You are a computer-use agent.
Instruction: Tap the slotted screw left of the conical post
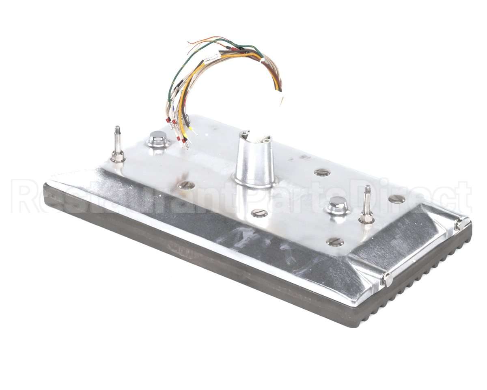tap(186, 185)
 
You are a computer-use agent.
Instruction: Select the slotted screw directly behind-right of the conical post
tap(323, 172)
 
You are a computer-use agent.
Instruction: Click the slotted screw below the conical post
tap(259, 213)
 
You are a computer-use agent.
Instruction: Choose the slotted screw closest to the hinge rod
tap(397, 199)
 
